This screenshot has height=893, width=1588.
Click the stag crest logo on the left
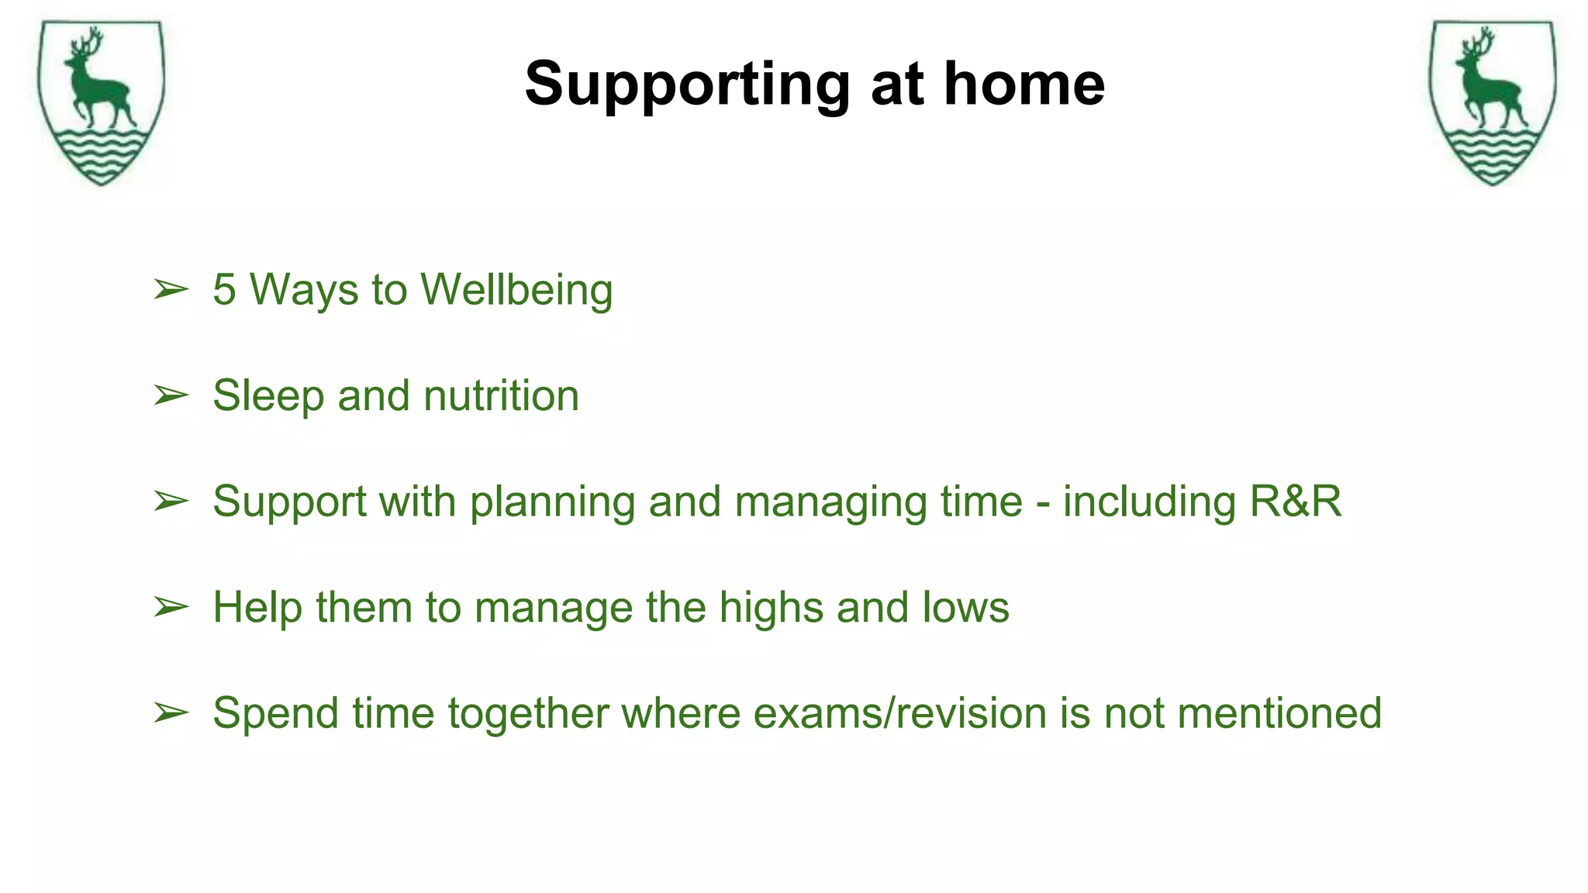pos(101,102)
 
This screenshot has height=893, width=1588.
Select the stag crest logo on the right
pos(1493,102)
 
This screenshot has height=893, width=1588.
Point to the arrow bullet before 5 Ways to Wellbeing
pos(171,290)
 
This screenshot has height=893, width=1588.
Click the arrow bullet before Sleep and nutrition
pos(171,395)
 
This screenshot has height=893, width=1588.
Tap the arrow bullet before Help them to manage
pos(171,607)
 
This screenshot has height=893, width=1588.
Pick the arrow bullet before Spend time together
pos(171,712)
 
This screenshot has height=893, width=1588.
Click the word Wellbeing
pos(516,290)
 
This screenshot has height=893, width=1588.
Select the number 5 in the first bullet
pos(224,290)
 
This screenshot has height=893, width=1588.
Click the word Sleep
pos(268,396)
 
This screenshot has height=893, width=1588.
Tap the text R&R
pos(1295,502)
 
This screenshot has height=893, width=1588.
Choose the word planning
pos(553,502)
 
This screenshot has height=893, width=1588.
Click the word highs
pos(771,608)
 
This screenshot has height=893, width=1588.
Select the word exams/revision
pos(900,713)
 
